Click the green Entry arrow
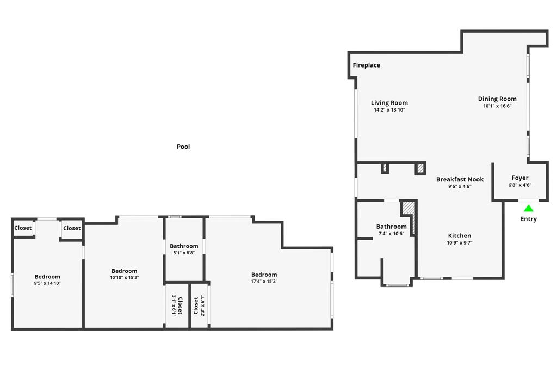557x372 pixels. pyautogui.click(x=528, y=208)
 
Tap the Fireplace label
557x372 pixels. pyautogui.click(x=366, y=65)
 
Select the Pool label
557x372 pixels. pyautogui.click(x=183, y=147)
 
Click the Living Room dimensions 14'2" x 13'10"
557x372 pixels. pyautogui.click(x=389, y=110)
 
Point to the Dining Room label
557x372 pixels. pyautogui.click(x=497, y=99)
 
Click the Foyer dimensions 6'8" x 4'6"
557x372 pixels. pyautogui.click(x=519, y=185)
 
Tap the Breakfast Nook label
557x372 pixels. pyautogui.click(x=460, y=179)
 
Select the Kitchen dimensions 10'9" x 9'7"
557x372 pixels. pyautogui.click(x=460, y=243)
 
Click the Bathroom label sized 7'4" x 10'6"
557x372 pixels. pyautogui.click(x=391, y=227)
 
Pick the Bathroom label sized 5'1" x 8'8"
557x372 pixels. pyautogui.click(x=184, y=246)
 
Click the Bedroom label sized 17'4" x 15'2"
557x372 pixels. pyautogui.click(x=264, y=275)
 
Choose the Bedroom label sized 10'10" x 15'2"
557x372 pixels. pyautogui.click(x=124, y=271)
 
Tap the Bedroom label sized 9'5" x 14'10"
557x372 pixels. pyautogui.click(x=47, y=277)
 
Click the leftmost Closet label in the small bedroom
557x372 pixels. pyautogui.click(x=23, y=228)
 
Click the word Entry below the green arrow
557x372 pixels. pyautogui.click(x=528, y=219)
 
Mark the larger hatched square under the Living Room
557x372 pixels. pyautogui.click(x=420, y=168)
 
